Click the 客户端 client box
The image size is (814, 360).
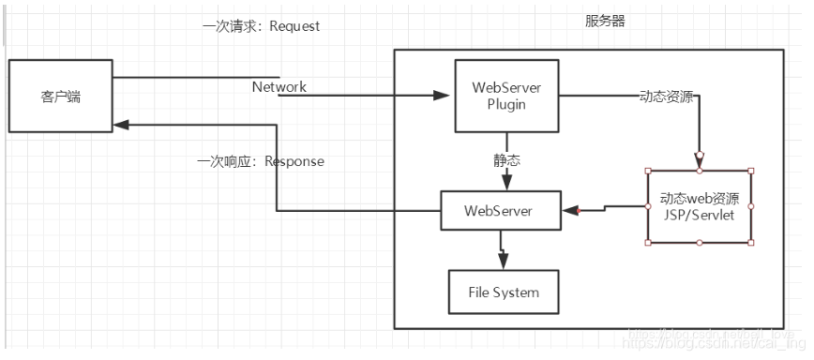[x=61, y=95]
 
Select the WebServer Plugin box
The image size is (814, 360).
[x=507, y=96]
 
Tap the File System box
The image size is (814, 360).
[x=504, y=292]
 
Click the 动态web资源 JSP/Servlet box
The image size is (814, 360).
[x=700, y=206]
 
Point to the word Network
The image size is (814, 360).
[x=279, y=87]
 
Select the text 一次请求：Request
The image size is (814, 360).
[x=261, y=26]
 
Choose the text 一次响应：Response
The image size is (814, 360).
[x=261, y=161]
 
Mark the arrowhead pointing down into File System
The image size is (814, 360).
[x=505, y=262]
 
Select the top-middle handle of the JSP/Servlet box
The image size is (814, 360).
[x=700, y=172]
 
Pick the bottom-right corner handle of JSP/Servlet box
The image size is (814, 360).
[x=751, y=243]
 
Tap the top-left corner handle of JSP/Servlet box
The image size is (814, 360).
[x=648, y=172]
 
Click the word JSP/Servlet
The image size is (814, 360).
[x=700, y=215]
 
